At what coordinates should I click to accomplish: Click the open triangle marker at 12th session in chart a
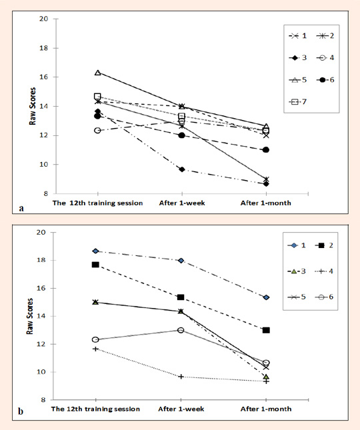point(97,73)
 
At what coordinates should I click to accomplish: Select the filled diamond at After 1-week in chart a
point(182,169)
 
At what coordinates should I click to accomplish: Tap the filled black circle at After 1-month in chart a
point(266,150)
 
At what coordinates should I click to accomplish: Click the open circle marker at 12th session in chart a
point(97,130)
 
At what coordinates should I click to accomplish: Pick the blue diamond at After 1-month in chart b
point(266,297)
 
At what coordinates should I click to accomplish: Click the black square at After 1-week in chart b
point(181,297)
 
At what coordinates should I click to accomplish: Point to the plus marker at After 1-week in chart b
point(181,377)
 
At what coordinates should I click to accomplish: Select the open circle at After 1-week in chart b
point(181,330)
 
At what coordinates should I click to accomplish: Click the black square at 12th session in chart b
point(95,265)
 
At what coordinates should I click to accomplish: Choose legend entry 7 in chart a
point(298,102)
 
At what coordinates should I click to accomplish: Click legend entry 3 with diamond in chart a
point(298,58)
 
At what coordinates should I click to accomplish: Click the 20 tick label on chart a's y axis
point(44,19)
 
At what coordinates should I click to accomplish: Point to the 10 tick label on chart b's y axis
point(41,372)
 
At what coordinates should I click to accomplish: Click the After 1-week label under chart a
point(182,203)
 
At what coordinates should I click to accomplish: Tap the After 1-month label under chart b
point(266,409)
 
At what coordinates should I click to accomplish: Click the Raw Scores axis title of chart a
point(33,106)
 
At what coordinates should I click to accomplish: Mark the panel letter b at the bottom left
point(21,411)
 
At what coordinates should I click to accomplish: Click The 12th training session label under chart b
point(95,409)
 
